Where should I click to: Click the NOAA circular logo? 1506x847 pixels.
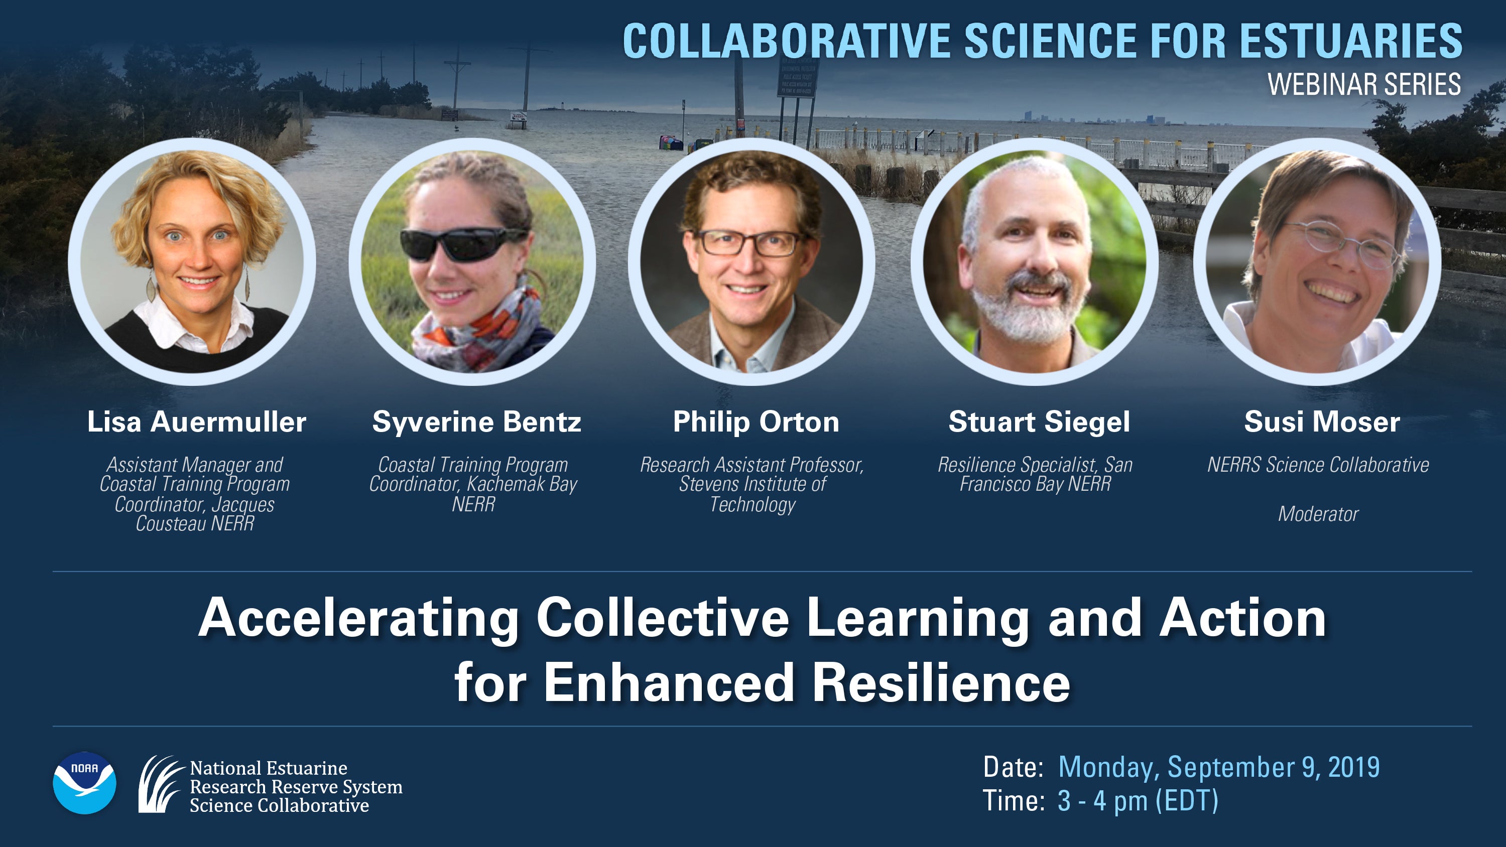click(x=84, y=783)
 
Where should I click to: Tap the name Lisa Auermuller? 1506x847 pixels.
click(x=196, y=422)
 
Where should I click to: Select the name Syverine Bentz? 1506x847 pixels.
click(x=476, y=422)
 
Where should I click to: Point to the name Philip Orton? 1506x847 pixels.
click(x=756, y=422)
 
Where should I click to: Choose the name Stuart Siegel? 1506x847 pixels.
click(x=1039, y=422)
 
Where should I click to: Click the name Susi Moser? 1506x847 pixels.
click(x=1322, y=422)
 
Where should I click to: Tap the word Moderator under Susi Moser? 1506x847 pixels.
click(x=1318, y=514)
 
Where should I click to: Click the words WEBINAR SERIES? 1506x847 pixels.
click(x=1364, y=85)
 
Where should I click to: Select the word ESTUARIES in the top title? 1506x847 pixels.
click(x=1351, y=41)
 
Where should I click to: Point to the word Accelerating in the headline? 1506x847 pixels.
click(x=358, y=619)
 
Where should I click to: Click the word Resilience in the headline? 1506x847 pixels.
click(x=941, y=683)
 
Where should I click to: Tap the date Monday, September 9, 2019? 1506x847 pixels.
click(x=1219, y=767)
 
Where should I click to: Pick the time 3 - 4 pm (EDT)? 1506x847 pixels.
click(x=1138, y=801)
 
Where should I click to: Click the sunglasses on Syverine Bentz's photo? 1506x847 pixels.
click(x=462, y=244)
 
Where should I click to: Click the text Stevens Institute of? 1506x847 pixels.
click(x=752, y=484)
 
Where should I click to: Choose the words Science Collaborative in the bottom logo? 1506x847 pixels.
click(x=279, y=805)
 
